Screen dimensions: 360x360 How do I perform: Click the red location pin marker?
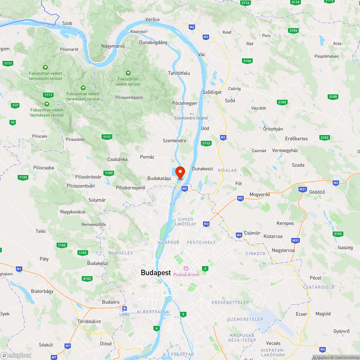[180, 172]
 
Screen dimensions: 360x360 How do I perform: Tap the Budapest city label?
[156, 273]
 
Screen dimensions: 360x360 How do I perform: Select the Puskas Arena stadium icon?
[186, 269]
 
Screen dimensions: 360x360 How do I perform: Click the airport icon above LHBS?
[125, 309]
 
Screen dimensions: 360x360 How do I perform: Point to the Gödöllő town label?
[317, 192]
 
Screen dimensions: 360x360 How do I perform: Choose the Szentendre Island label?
[191, 118]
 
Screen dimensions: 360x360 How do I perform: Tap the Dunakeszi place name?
[203, 168]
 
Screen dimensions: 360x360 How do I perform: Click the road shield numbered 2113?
[206, 143]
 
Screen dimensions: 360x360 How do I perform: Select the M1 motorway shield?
[19, 269]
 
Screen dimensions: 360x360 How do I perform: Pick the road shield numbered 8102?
[87, 279]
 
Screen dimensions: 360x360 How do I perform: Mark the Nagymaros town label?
[113, 46]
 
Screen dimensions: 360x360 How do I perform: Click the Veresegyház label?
[285, 150]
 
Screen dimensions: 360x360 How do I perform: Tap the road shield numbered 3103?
[338, 234]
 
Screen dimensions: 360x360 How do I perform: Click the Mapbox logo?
[16, 355]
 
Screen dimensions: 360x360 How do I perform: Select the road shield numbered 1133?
[23, 177]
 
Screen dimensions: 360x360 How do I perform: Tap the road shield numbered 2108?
[333, 96]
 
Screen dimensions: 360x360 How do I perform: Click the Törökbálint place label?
[89, 321]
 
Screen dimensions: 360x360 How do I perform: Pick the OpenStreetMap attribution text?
[346, 357]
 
